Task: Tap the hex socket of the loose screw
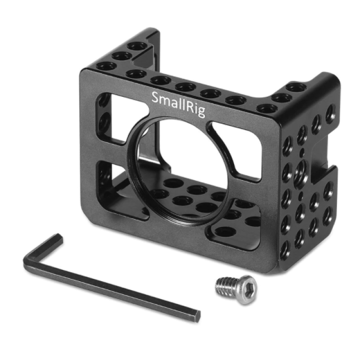tap(246, 283)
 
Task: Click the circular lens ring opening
tap(180, 166)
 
